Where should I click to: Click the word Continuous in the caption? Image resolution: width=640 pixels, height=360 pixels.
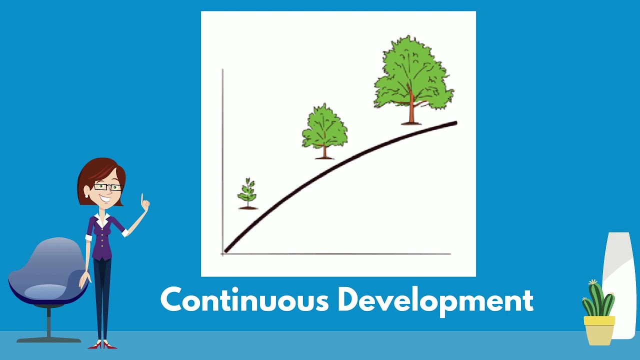[244, 300]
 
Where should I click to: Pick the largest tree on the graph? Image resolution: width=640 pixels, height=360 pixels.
[413, 75]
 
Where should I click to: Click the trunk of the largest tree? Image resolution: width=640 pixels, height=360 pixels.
[411, 110]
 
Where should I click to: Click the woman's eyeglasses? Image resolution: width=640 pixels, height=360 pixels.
[108, 187]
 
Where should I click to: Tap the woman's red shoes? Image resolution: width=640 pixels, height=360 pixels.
[102, 345]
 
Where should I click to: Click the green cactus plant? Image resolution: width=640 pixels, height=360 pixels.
[598, 299]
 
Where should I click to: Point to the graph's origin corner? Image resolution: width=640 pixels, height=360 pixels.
[223, 254]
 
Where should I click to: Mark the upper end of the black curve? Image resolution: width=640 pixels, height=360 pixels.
[455, 123]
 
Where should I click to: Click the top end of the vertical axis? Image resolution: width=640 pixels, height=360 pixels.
[222, 70]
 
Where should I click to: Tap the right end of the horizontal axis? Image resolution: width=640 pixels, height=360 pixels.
[449, 254]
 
